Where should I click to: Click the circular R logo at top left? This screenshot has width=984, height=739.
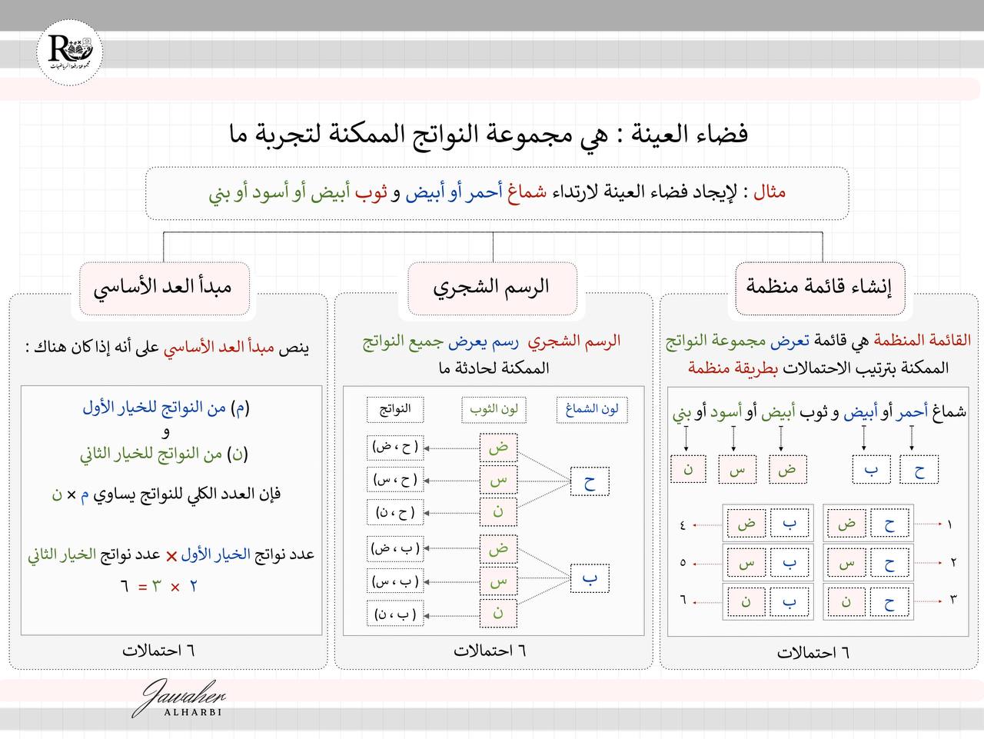pyautogui.click(x=70, y=53)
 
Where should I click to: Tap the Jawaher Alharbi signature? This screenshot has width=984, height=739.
pyautogui.click(x=181, y=699)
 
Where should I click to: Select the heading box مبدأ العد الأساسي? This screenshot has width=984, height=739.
pyautogui.click(x=163, y=288)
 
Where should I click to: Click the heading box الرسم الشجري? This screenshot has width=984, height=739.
pyautogui.click(x=492, y=288)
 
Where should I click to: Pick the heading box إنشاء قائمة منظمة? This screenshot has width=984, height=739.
pyautogui.click(x=819, y=288)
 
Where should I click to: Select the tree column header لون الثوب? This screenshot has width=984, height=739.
pyautogui.click(x=494, y=409)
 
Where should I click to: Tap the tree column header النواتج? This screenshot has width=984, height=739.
pyautogui.click(x=394, y=409)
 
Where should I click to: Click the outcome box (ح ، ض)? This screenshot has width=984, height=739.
pyautogui.click(x=395, y=447)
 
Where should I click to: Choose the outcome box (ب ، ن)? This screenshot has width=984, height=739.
pyautogui.click(x=395, y=614)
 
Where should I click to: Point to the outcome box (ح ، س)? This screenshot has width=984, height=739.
pyautogui.click(x=395, y=480)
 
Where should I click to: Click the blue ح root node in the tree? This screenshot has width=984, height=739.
pyautogui.click(x=590, y=482)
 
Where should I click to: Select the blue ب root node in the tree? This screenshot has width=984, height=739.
pyautogui.click(x=590, y=579)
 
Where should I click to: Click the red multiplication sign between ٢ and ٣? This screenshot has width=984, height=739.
pyautogui.click(x=175, y=588)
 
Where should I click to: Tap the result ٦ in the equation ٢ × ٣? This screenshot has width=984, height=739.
pyautogui.click(x=124, y=587)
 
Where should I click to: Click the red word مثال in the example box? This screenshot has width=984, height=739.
pyautogui.click(x=769, y=191)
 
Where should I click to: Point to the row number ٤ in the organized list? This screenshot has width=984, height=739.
pyautogui.click(x=683, y=525)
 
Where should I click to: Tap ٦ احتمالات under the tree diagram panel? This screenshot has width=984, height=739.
pyautogui.click(x=490, y=651)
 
